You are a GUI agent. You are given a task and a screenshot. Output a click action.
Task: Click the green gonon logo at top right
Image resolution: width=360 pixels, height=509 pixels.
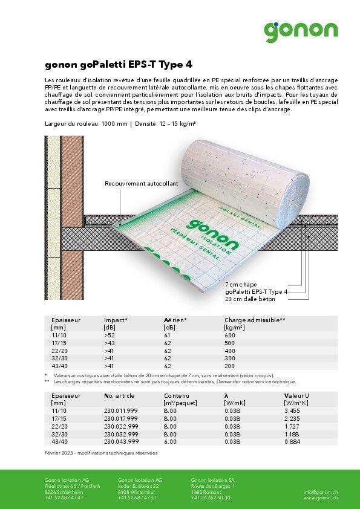click(x=301, y=30)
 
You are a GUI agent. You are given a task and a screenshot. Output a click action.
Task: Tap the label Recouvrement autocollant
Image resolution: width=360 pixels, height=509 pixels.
click(x=141, y=184)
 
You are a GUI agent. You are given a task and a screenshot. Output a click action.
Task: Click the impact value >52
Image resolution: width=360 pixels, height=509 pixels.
click(x=110, y=335)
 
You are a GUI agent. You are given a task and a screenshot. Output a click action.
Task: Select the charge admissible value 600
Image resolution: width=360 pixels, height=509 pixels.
click(x=229, y=335)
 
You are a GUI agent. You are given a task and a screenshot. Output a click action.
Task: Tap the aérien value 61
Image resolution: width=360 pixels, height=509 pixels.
click(x=168, y=335)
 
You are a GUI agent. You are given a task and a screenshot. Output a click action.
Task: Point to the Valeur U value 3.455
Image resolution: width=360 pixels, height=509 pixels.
click(x=292, y=410)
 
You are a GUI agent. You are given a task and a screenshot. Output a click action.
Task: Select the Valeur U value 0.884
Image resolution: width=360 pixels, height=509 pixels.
click(x=292, y=442)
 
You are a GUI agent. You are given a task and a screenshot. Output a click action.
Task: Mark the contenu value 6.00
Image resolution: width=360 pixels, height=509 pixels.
click(x=170, y=442)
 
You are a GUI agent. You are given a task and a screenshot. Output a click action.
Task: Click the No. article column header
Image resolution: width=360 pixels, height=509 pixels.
click(x=119, y=395)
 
